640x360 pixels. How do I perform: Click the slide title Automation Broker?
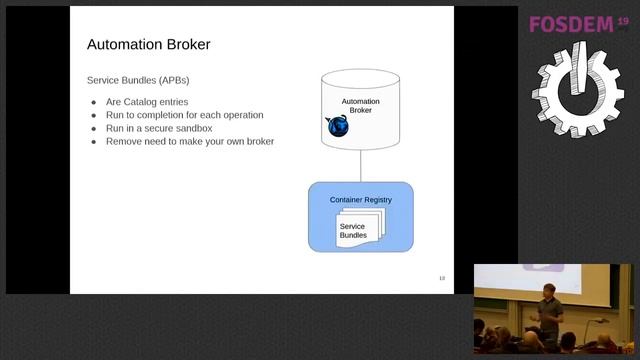point(148,45)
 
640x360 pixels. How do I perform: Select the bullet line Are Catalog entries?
point(146,102)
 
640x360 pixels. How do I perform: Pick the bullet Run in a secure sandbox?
point(159,128)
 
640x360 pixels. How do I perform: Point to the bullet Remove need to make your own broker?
point(189,141)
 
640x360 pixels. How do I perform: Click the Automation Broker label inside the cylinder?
point(360,106)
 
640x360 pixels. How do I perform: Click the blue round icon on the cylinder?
point(337,126)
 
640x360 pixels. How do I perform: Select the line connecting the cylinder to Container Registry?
point(360,166)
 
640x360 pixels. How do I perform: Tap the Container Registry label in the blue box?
point(360,200)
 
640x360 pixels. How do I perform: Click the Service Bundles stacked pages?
point(358,230)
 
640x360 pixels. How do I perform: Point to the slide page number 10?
point(441,277)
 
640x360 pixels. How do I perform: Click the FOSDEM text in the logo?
point(570,24)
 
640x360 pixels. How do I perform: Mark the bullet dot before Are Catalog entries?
point(93,102)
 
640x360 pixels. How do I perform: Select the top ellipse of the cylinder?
point(360,75)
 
